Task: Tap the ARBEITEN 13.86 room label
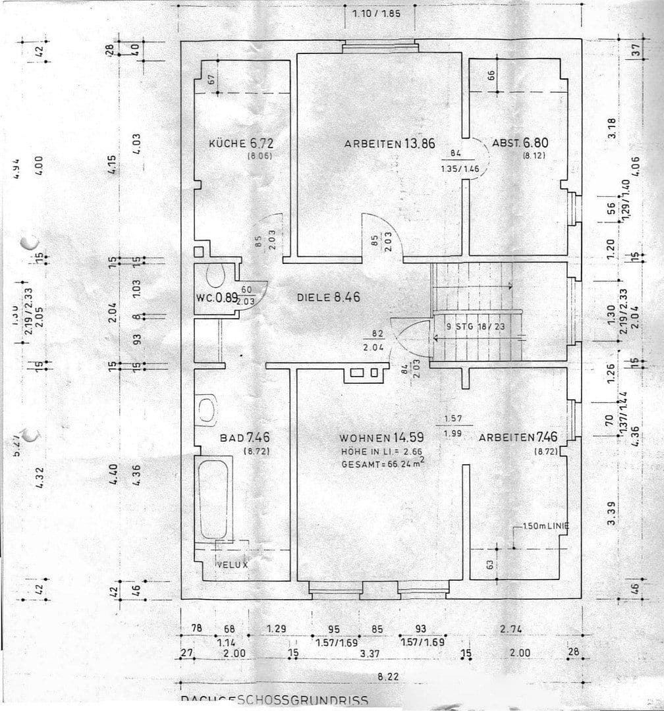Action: (x=389, y=144)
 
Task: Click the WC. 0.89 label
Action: (x=216, y=298)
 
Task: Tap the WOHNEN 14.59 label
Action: (x=381, y=437)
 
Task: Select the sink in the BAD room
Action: (x=207, y=409)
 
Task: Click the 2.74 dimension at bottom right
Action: (x=511, y=629)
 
